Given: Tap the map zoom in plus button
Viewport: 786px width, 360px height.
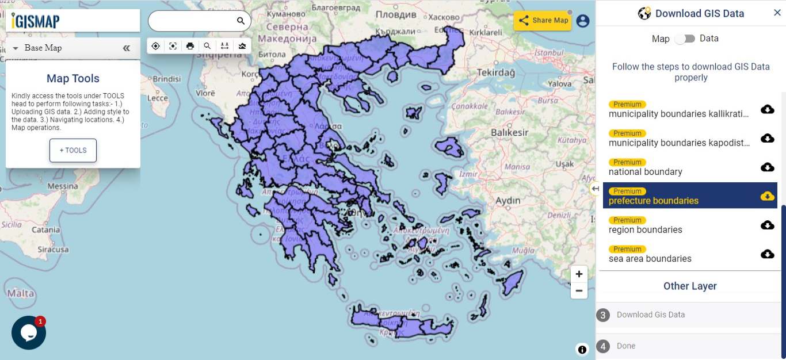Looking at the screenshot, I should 579,274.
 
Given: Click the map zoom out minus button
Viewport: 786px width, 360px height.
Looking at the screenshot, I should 579,291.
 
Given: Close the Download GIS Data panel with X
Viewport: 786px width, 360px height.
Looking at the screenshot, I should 777,13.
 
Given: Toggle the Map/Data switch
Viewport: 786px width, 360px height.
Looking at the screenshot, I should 685,39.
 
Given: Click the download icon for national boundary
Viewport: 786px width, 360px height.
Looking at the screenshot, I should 767,167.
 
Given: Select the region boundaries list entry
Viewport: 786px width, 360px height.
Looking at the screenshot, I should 645,229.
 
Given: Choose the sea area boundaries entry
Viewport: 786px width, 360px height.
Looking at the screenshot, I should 650,258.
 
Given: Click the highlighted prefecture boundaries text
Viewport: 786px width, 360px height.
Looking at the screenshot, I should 653,201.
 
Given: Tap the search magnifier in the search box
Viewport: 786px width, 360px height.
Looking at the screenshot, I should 241,21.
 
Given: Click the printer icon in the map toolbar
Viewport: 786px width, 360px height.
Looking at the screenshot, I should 190,46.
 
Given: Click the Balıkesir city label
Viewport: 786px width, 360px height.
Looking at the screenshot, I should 509,132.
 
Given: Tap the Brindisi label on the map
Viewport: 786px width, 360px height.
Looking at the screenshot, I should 166,79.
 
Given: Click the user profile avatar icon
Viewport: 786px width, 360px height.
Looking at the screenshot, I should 583,21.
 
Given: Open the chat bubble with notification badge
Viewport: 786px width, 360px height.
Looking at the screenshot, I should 28,332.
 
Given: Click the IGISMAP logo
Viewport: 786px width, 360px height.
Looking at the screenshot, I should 36,21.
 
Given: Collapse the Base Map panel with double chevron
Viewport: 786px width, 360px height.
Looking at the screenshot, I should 127,48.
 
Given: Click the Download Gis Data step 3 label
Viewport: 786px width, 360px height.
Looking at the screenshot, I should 650,315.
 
